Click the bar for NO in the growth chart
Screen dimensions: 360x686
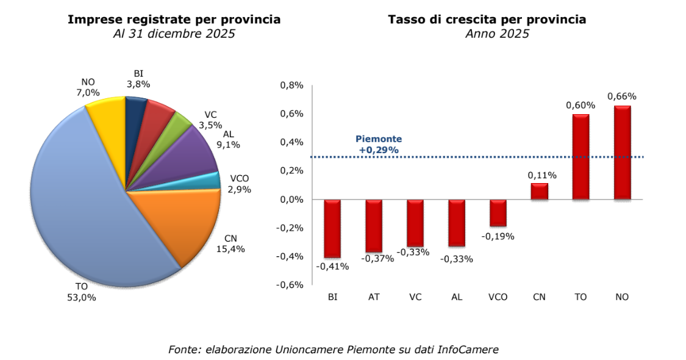pos(622,153)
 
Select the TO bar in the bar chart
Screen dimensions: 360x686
pos(581,157)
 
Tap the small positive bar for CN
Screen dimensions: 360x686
pos(539,192)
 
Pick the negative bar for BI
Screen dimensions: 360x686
pos(332,228)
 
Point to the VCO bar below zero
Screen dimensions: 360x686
pos(498,213)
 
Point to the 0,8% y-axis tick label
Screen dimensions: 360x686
pos(291,85)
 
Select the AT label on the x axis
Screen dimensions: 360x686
pos(374,297)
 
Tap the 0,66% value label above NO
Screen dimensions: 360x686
pos(622,96)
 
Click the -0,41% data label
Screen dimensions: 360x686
pos(332,266)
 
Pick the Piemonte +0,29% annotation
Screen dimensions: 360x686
pos(379,144)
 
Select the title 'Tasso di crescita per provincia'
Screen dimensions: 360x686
pos(487,20)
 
